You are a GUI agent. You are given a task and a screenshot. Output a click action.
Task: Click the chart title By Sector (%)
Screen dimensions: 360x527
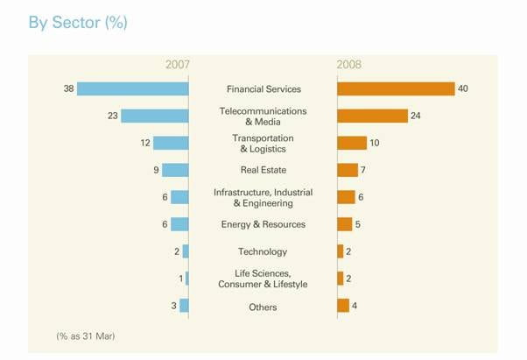78,23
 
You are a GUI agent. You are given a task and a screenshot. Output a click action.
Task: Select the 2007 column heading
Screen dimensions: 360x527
177,65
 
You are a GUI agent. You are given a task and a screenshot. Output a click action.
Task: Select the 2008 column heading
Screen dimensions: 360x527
348,65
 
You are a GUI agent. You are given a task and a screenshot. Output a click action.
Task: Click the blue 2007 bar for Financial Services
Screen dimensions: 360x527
132,89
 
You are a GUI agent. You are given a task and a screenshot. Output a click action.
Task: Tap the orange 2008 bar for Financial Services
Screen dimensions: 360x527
396,89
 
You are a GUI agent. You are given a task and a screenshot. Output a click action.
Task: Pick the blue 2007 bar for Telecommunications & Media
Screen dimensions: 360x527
155,116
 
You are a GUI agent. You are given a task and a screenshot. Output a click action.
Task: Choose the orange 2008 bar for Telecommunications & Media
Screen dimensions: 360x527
372,116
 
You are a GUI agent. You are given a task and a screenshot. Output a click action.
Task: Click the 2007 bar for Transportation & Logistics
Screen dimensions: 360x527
171,143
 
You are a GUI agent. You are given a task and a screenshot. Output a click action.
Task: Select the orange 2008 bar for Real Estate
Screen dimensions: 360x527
348,170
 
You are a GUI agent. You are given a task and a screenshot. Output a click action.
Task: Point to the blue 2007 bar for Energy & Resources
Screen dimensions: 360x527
179,224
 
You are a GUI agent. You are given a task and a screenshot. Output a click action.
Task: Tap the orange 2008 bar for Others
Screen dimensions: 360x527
343,306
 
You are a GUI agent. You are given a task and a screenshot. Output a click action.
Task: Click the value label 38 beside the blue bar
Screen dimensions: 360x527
68,89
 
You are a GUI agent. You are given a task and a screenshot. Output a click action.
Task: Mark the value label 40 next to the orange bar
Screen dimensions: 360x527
463,89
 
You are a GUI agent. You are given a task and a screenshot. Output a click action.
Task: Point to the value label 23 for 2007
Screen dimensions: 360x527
113,116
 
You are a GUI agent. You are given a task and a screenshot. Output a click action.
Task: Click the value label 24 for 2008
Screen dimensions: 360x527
416,116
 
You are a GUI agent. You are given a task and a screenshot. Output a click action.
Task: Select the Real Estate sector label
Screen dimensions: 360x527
263,170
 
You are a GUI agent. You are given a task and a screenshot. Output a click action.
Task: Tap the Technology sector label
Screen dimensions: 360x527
263,251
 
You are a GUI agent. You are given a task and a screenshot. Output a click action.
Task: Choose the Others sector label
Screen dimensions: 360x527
263,307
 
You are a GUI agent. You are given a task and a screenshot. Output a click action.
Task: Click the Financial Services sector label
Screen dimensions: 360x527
263,89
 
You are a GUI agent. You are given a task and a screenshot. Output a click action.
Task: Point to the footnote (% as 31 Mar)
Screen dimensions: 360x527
86,335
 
